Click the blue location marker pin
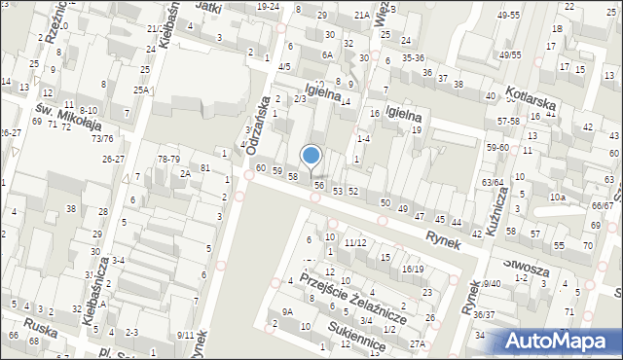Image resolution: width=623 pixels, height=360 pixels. [311, 157]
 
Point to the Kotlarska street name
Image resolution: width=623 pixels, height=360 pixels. [535, 101]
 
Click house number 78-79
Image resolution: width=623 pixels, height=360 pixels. [169, 159]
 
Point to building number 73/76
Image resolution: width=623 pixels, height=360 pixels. [101, 139]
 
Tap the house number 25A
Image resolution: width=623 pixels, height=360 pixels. [142, 90]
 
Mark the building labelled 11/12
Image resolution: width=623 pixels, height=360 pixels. [354, 242]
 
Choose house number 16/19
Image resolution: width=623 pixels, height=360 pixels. [412, 269]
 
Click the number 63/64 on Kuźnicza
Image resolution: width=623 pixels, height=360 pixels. [493, 182]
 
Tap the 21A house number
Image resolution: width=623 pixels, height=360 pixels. [361, 15]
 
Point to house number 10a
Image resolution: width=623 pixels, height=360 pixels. [556, 197]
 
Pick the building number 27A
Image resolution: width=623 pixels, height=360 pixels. [418, 343]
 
